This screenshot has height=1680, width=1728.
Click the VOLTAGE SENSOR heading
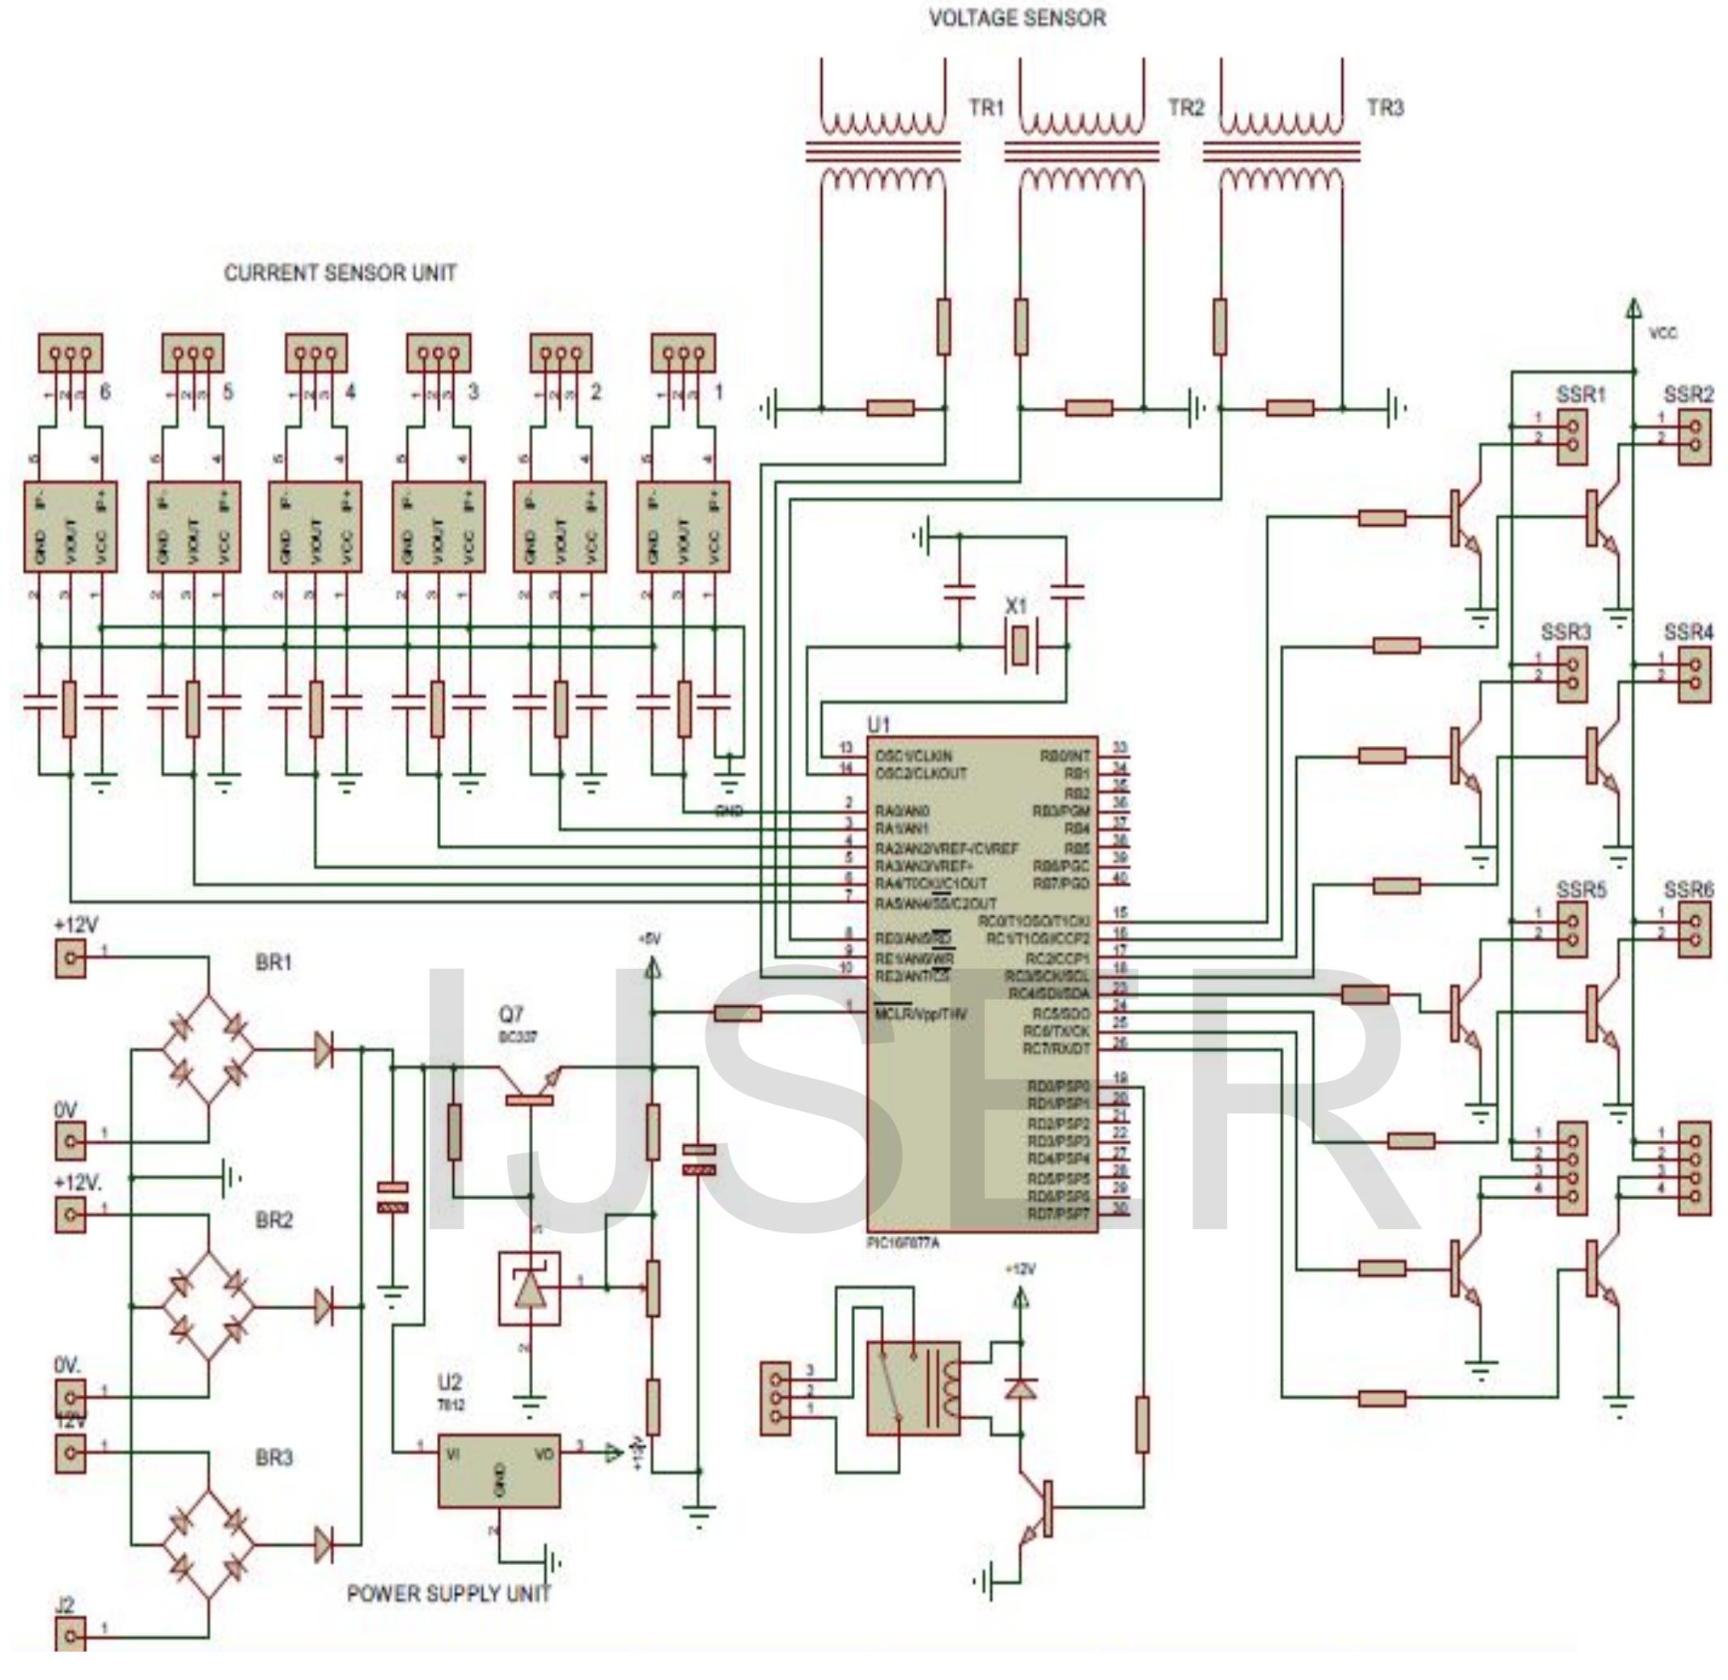[1016, 18]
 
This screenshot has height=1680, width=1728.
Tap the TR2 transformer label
[1185, 108]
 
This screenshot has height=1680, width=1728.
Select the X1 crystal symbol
[1019, 646]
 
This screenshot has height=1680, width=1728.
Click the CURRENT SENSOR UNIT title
[341, 273]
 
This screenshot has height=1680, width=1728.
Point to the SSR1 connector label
[1580, 394]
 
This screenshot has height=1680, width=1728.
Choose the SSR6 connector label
[1688, 889]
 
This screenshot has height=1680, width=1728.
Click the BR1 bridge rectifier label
[273, 963]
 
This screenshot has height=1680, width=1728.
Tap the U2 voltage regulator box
[499, 1469]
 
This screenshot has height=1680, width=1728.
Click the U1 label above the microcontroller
[879, 724]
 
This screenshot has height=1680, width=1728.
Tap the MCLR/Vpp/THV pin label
[921, 1015]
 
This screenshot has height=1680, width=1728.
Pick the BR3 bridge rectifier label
[273, 1458]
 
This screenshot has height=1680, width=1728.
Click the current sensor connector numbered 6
[70, 353]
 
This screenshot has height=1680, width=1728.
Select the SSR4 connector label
[1688, 632]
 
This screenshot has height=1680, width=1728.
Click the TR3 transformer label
[1385, 108]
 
